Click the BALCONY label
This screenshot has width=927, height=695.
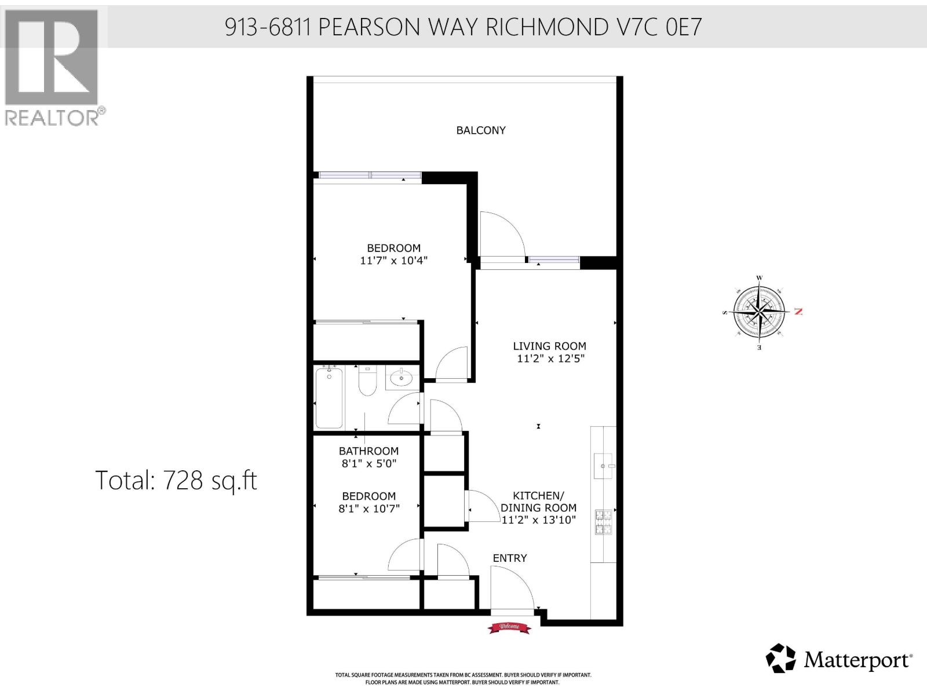481,130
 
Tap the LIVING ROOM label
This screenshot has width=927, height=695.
549,346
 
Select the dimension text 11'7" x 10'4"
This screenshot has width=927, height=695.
393,261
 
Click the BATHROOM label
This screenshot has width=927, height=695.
368,451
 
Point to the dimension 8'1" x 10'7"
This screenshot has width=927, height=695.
368,509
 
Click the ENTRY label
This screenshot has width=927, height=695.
510,558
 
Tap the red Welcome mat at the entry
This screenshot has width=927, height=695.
509,627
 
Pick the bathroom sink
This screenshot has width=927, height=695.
400,379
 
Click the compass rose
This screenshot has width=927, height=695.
760,312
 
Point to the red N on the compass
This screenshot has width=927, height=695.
798,312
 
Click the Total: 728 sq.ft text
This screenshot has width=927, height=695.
176,480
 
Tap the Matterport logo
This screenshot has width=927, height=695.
838,659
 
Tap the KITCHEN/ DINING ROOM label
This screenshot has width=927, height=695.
538,508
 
